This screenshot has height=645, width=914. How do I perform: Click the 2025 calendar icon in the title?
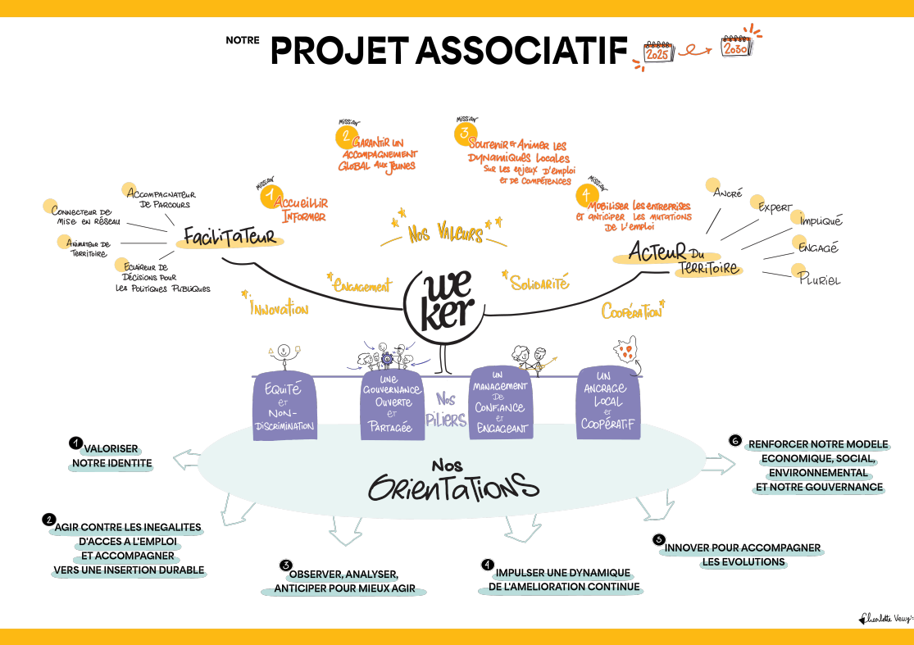point(657,52)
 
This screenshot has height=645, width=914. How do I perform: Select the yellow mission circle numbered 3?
point(465,133)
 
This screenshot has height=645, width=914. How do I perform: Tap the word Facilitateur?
point(229,238)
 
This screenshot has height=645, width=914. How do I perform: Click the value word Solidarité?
point(539,283)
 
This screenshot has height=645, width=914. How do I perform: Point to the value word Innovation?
point(279,309)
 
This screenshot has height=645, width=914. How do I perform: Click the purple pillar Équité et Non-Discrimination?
point(284,405)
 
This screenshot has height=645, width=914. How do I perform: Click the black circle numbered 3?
point(285,565)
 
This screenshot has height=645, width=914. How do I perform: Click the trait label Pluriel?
point(820,279)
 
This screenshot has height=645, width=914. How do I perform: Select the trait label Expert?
point(775,207)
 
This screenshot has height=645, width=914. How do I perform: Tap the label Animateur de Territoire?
point(88,248)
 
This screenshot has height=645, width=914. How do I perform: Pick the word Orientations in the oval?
point(447,488)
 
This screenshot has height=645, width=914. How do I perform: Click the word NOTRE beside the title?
point(243,39)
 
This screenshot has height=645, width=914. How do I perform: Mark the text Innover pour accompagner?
point(743,547)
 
